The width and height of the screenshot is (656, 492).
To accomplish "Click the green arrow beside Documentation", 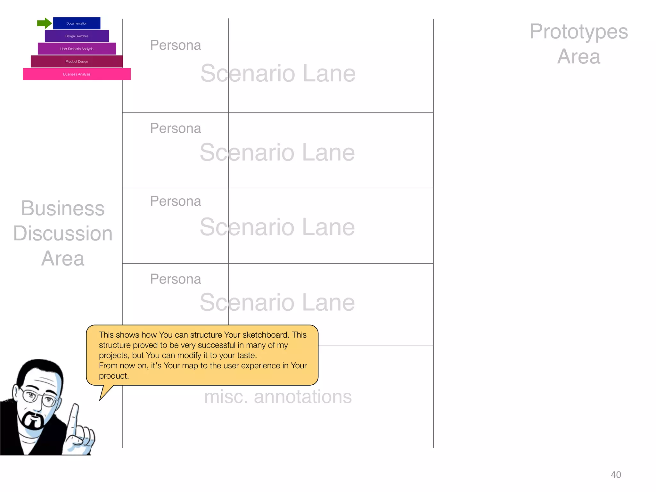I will pos(44,23).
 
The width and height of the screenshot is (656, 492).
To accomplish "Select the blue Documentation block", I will pos(77,23).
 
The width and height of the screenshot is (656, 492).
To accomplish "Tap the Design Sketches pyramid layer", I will pos(77,36).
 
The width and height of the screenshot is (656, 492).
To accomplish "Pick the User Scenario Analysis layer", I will pos(77,49).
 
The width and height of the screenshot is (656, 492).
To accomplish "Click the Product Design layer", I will pos(77,61).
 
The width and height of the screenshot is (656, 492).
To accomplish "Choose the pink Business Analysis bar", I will pos(77,74).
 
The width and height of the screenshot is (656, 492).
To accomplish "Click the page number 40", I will pos(616,474).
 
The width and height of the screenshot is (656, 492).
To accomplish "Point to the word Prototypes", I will pos(578,32).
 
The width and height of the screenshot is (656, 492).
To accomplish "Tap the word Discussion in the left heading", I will pos(63,233).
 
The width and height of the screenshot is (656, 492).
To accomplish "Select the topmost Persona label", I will pos(176,45).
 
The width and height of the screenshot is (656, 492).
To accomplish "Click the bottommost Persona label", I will pos(176,279).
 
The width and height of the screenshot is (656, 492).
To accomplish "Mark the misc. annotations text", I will pos(278,397).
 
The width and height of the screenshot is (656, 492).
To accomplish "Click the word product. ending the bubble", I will pos(114,376).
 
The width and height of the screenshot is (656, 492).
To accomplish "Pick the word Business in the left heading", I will pos(63,209).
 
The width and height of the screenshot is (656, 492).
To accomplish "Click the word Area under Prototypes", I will pos(578,57).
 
